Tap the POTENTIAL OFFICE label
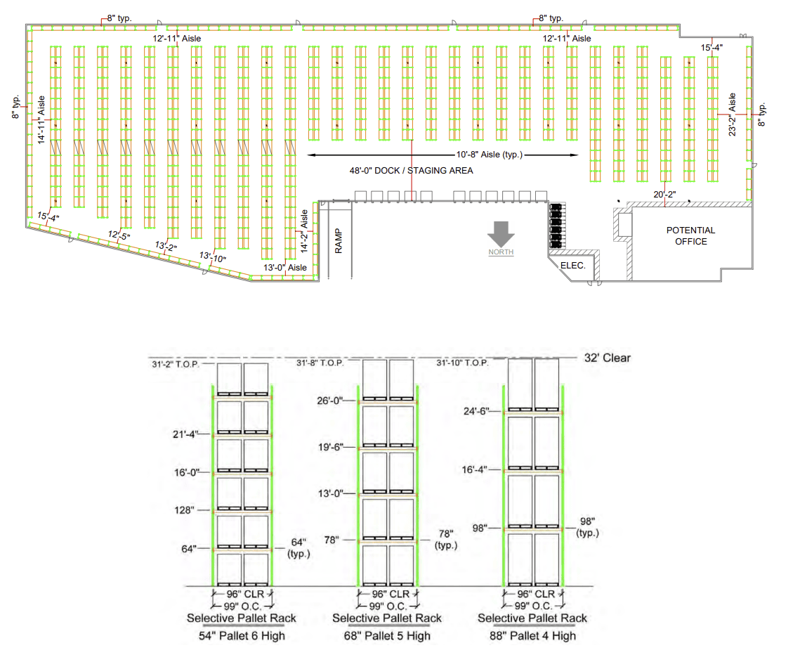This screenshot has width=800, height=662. point(690,235)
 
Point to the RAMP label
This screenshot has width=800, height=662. point(339,240)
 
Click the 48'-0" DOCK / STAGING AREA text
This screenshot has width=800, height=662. point(411,171)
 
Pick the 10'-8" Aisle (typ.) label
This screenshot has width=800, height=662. point(489,155)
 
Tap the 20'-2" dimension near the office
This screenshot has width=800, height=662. point(664,195)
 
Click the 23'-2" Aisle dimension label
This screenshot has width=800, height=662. point(733,115)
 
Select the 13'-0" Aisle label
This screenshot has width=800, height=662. point(285,268)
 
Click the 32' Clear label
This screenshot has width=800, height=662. point(607,358)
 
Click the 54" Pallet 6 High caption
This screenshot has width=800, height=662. point(241,635)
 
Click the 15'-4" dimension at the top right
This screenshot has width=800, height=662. point(712,48)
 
